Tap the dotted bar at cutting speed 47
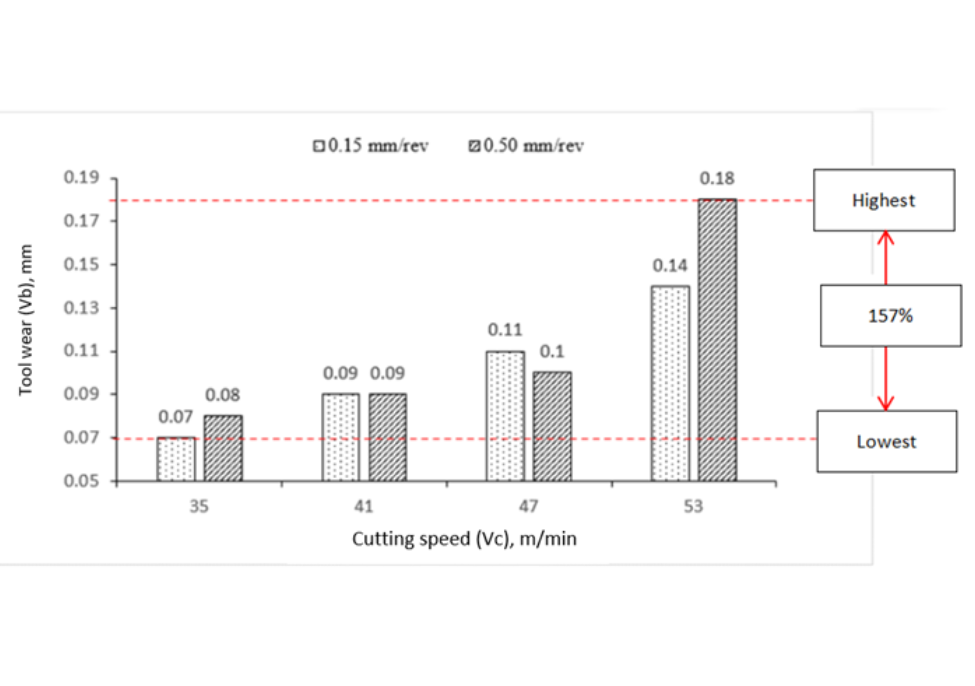coord(505,416)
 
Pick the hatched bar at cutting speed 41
coord(387,438)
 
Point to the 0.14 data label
coord(670,266)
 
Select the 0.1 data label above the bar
coord(552,352)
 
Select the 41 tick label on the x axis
coord(363,506)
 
